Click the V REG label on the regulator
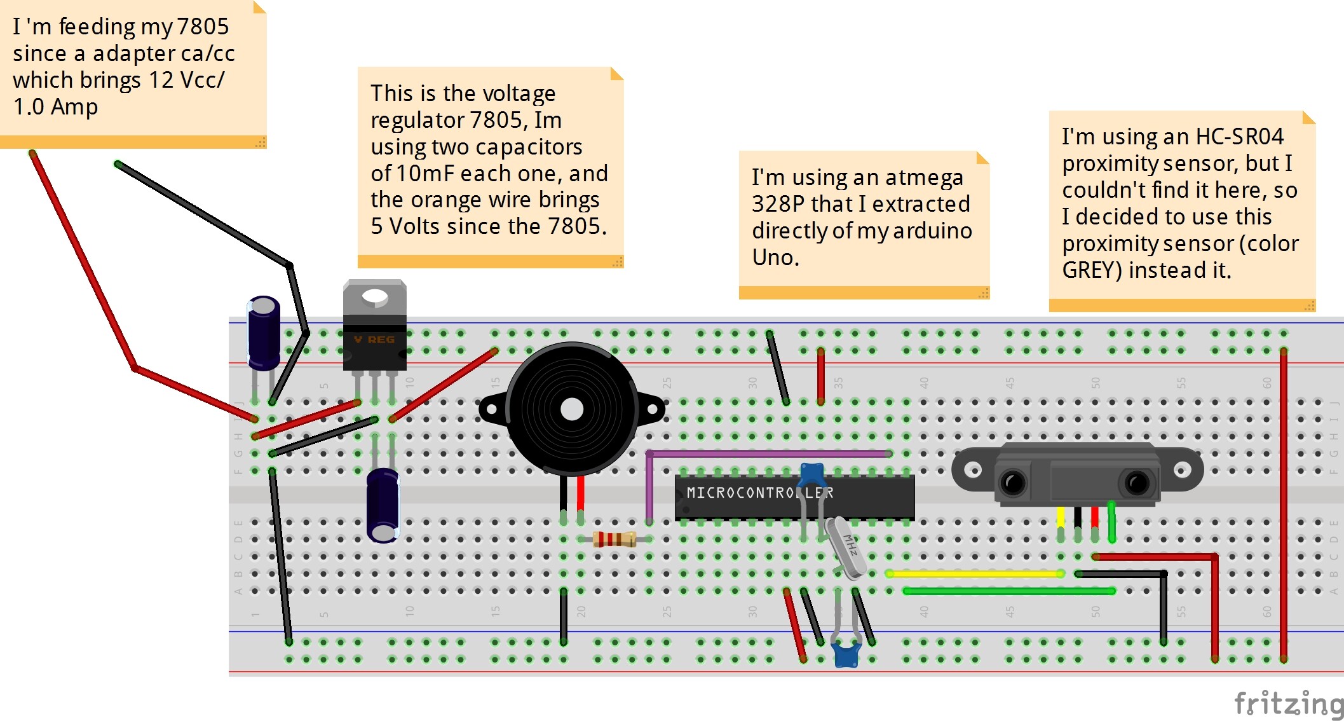374,340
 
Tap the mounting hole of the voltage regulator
374,296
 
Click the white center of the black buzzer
572,409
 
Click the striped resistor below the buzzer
614,539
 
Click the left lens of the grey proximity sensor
1013,483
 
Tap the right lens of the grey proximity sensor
1136,483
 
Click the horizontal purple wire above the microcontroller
769,453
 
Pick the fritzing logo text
1289,704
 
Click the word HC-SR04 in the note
1239,137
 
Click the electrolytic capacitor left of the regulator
263,333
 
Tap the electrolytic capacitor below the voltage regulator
383,505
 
